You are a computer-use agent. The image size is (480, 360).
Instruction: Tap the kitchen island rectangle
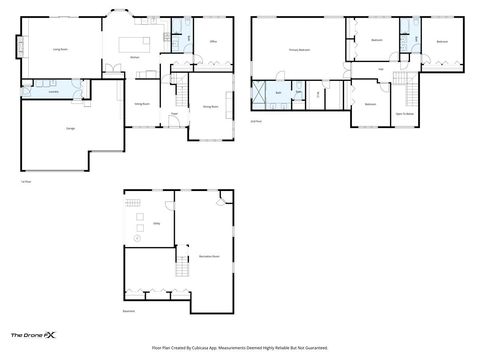(134, 43)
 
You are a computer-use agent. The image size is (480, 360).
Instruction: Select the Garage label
(70, 130)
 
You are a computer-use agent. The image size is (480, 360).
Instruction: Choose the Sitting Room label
(210, 105)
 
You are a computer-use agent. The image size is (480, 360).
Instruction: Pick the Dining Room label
(142, 103)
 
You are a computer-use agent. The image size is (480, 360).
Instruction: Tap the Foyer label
(173, 113)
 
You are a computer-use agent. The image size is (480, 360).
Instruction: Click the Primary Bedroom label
(299, 49)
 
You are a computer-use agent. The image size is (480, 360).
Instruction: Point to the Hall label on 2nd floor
(381, 68)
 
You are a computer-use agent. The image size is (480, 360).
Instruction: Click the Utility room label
(157, 225)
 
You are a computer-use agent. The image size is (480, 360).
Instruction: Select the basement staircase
(182, 267)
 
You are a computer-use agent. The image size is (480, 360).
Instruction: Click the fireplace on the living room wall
(18, 46)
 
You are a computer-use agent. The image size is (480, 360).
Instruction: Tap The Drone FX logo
(33, 335)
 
